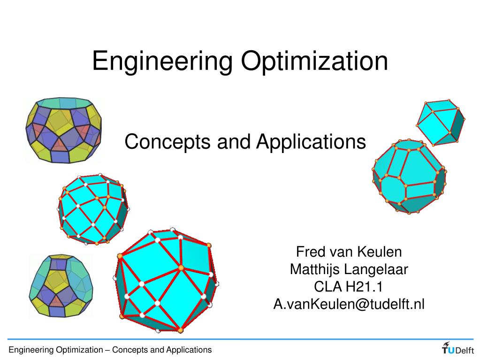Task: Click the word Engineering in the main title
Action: coord(162,61)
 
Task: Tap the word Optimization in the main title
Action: coord(314,61)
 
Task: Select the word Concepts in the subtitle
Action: coord(168,142)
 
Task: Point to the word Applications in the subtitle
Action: coord(311,142)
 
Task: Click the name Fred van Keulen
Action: coord(349,252)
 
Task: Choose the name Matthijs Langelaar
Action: coord(349,270)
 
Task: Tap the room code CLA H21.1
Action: coord(348,287)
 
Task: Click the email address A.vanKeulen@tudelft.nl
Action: coord(349,304)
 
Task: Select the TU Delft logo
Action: coord(457,348)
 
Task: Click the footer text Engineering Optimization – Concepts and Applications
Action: coord(110,350)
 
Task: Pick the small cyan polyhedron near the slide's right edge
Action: coord(441,122)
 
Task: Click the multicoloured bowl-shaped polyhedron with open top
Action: coord(63,130)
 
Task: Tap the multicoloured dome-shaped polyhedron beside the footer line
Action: coord(61,286)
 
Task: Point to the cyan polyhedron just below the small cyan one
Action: coord(409,176)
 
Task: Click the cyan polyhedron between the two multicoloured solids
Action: coord(93,209)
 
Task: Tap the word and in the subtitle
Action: coord(233,142)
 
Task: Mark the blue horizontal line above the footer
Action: coord(240,339)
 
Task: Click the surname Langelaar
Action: coord(376,270)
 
